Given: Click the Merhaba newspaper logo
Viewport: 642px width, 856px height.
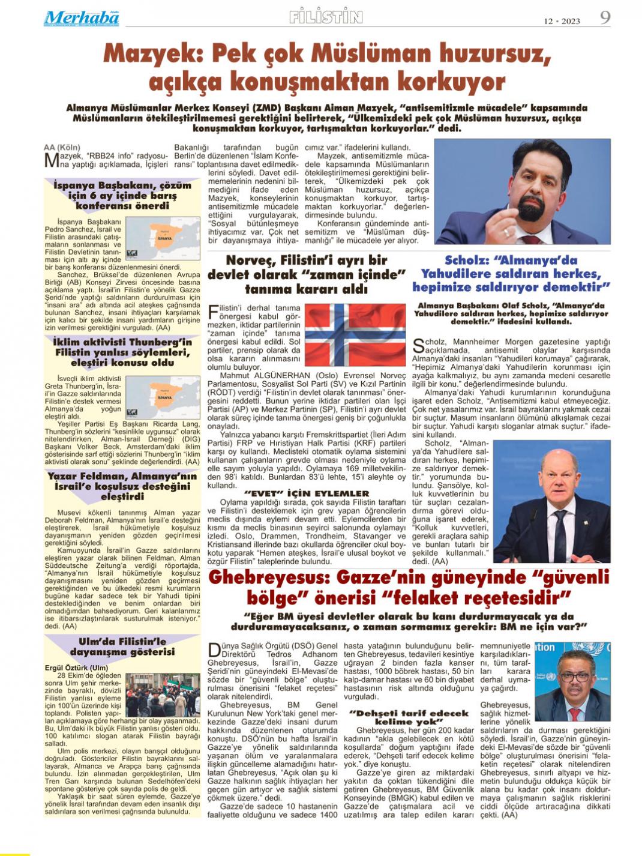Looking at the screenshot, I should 81,19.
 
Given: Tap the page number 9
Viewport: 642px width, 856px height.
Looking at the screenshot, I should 605,17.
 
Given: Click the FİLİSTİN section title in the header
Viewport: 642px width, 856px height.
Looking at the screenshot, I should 326,17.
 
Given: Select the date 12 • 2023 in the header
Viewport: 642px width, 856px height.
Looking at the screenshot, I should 562,21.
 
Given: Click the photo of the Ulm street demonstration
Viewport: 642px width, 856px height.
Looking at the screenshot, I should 163,695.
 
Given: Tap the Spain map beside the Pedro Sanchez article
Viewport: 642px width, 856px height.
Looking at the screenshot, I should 163,238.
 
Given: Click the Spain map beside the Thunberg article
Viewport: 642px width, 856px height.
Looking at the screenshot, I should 163,397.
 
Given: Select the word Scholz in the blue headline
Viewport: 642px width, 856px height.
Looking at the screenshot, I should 469,261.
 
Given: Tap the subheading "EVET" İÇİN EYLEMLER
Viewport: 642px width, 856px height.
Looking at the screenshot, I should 307,493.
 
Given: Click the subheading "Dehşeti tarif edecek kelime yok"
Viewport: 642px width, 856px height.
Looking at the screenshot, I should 409,717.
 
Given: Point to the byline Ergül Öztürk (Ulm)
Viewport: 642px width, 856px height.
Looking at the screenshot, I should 77,668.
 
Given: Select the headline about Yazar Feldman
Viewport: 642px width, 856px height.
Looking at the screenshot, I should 122,486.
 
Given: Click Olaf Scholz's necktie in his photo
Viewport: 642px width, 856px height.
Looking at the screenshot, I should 560,533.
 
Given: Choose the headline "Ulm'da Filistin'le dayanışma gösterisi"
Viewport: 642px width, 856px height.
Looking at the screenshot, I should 122,647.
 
